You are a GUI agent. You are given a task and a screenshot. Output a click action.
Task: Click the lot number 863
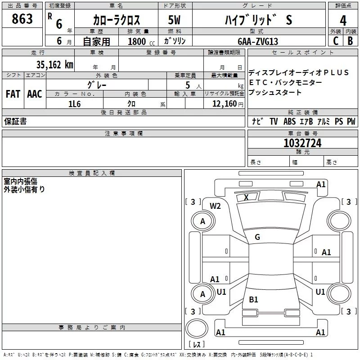point(22,19)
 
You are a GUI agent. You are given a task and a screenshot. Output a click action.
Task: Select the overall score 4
point(343,21)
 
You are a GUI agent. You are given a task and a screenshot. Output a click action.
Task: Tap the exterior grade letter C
point(336,41)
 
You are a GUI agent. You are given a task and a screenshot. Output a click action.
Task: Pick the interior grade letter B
point(350,41)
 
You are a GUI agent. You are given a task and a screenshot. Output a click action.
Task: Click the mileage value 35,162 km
point(54,65)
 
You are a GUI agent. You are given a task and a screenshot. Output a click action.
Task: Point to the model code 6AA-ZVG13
point(258,41)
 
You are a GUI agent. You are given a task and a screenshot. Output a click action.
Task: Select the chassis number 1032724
point(302,143)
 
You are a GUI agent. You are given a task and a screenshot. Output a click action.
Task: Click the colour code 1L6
point(74,104)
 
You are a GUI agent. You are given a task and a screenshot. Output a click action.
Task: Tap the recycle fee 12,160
point(225,104)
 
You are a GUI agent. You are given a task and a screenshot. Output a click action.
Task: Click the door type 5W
point(174,20)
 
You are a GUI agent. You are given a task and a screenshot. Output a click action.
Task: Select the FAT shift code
point(13,94)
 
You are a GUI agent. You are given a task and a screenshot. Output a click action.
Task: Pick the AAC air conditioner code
point(35,94)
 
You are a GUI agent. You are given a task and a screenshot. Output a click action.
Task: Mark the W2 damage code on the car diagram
point(215,206)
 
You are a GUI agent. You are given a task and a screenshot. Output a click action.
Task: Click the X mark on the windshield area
point(246,197)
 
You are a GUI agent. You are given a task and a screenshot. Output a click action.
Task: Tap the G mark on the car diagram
point(257,237)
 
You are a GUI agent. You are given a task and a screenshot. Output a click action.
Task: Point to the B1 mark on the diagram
point(253,299)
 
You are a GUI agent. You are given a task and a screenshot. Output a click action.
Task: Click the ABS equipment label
point(289,121)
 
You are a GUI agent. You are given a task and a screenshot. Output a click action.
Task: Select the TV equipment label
point(274,121)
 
